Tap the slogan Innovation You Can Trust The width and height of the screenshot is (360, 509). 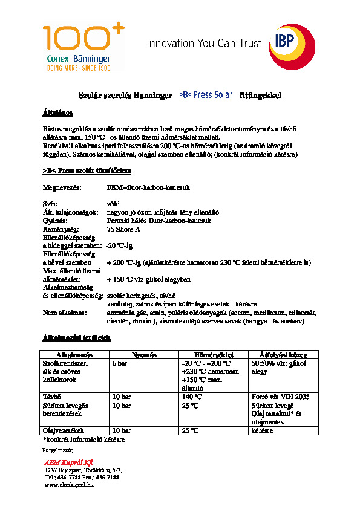click(x=205, y=44)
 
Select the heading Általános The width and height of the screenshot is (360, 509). click(x=57, y=113)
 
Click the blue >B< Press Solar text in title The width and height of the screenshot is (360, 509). click(x=207, y=96)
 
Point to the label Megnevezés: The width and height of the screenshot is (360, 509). click(x=62, y=188)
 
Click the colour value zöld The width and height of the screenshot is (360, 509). click(x=113, y=204)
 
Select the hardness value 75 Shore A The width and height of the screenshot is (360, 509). click(x=123, y=230)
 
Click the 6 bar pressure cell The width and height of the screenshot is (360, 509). click(x=119, y=363)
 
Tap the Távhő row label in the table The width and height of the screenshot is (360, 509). click(x=51, y=396)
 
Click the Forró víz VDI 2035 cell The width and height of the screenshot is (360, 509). click(x=280, y=396)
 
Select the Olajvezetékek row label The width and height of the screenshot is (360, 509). click(x=62, y=430)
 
